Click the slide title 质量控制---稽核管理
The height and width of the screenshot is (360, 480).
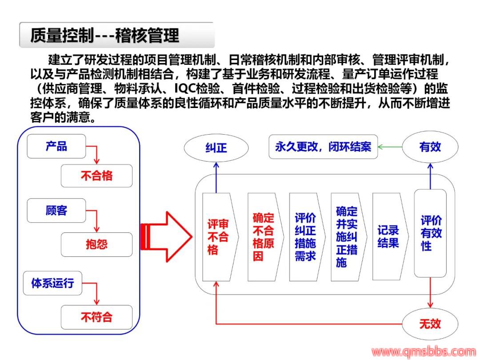coord(105,35)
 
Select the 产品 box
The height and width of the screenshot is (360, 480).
coord(56,146)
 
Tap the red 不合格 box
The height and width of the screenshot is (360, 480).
coord(96,176)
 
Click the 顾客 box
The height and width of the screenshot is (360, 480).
coord(56,210)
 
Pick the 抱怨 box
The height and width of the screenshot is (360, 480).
coord(96,244)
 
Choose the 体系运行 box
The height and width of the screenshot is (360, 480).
coord(53,283)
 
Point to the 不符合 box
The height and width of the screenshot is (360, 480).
coord(96,317)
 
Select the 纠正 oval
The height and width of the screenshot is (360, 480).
coord(216,148)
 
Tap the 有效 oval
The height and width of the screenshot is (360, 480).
coord(430,147)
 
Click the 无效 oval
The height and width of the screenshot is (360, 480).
coord(430,323)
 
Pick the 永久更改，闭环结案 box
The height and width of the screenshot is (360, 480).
coord(323,147)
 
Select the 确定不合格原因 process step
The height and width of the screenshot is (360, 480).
coord(264,237)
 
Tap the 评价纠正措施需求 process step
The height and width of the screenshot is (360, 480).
coord(305,237)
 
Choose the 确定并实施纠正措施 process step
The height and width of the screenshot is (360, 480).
coord(347,237)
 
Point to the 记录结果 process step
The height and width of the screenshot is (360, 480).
coord(388,237)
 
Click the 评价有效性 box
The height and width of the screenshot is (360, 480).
coord(430,233)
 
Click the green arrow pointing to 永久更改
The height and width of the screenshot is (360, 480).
coord(390,147)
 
